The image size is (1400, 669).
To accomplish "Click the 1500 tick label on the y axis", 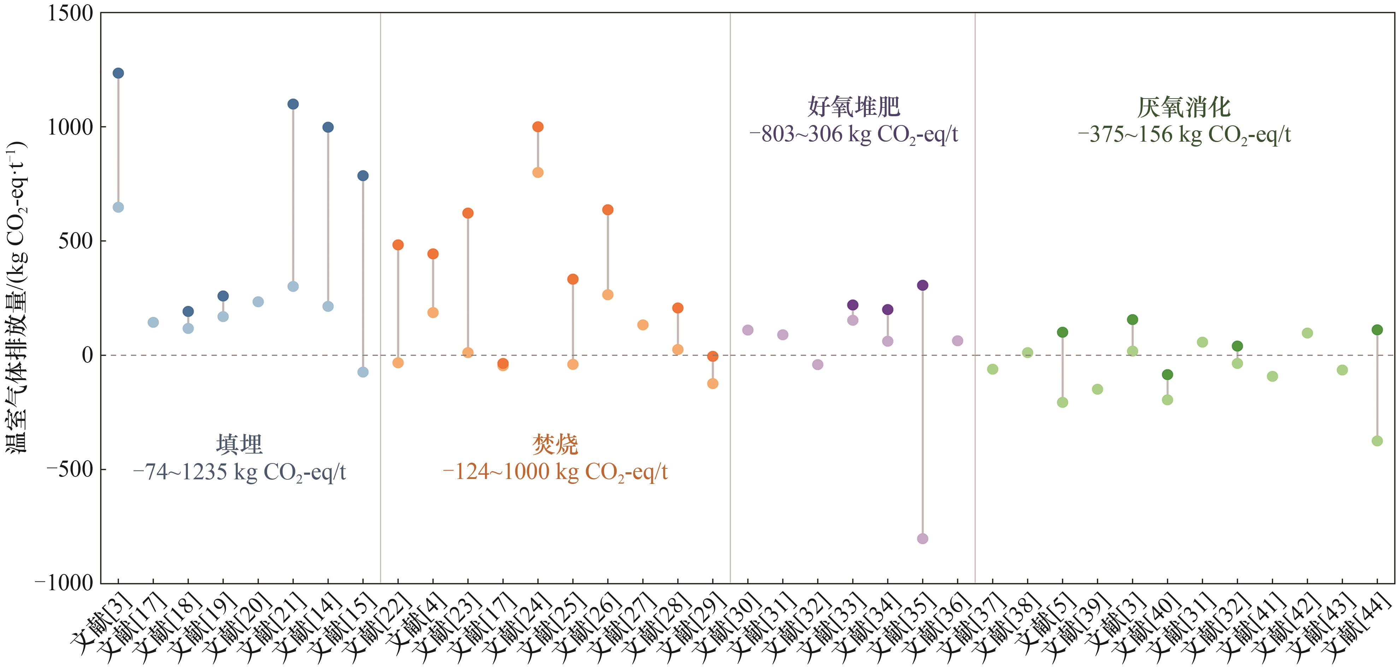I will [x=70, y=13].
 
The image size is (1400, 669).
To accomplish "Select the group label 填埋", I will [x=239, y=444].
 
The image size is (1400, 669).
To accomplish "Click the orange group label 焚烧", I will [x=555, y=444].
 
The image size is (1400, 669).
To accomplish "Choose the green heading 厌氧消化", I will [x=1184, y=107].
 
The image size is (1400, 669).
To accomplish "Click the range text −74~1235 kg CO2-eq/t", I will [x=239, y=472].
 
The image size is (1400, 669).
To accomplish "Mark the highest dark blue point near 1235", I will [x=118, y=73].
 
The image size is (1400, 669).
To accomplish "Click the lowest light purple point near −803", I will [x=922, y=539].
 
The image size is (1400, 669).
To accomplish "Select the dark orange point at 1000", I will [x=538, y=126].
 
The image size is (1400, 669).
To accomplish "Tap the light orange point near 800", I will [x=538, y=172].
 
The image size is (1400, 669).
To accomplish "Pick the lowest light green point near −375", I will [x=1377, y=441].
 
